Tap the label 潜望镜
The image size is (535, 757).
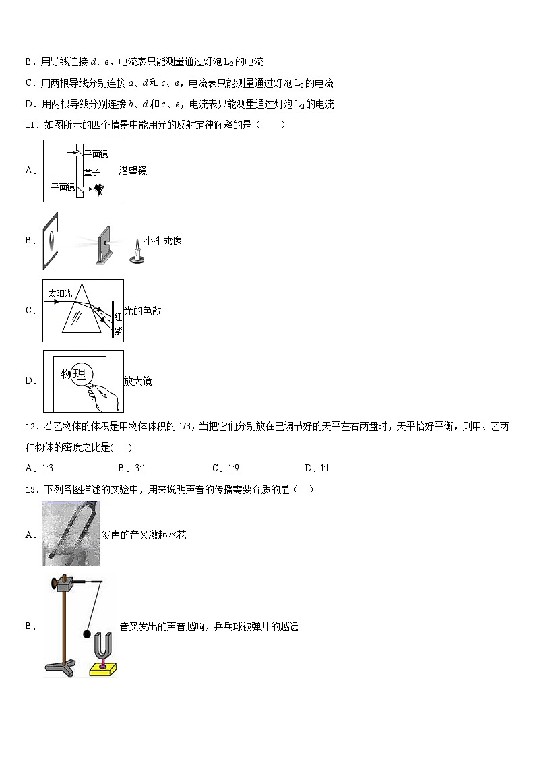tap(133, 171)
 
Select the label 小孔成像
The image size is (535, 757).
tap(162, 241)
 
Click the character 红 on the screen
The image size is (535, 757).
tap(117, 317)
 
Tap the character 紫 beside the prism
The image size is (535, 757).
tap(117, 331)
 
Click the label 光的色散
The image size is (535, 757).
tap(142, 311)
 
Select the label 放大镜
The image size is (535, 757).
tap(137, 381)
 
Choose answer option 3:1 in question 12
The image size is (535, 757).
tap(128, 468)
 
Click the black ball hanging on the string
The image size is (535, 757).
tap(86, 634)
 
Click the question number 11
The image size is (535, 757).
tap(30, 125)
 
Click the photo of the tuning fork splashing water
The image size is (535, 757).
tap(70, 533)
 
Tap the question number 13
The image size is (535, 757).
tap(30, 489)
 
